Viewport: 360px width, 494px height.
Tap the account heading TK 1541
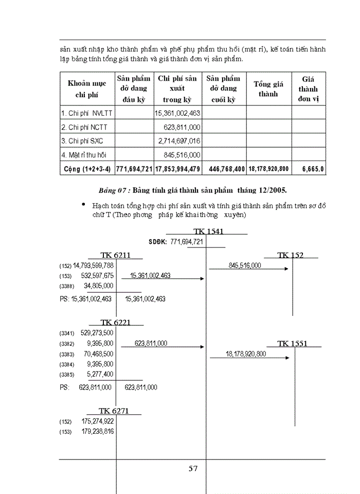[208, 232]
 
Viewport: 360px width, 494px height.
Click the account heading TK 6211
[116, 255]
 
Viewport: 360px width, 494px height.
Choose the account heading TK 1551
[292, 343]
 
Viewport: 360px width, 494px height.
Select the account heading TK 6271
[114, 411]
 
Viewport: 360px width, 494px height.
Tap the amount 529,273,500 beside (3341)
[97, 333]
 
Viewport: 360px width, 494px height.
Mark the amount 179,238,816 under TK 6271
[97, 431]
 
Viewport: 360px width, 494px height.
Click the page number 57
[193, 468]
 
